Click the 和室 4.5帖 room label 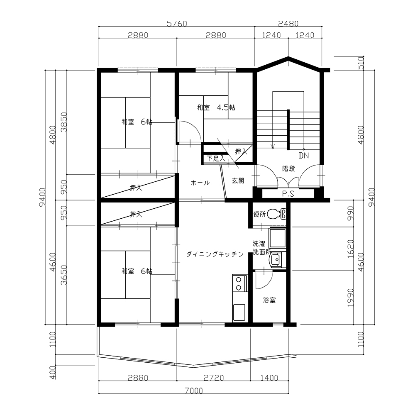(216, 107)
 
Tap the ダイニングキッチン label (215, 254)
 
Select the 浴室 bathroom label (269, 300)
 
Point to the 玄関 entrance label (238, 181)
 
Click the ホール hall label (200, 183)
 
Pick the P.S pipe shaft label (288, 194)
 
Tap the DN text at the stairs (304, 156)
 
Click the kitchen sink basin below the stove (239, 312)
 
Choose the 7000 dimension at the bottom (193, 391)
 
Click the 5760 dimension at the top (177, 24)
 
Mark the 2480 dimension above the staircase (288, 24)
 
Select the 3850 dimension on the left (64, 122)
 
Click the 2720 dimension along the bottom (214, 378)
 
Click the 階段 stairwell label (288, 168)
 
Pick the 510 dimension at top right (361, 63)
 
